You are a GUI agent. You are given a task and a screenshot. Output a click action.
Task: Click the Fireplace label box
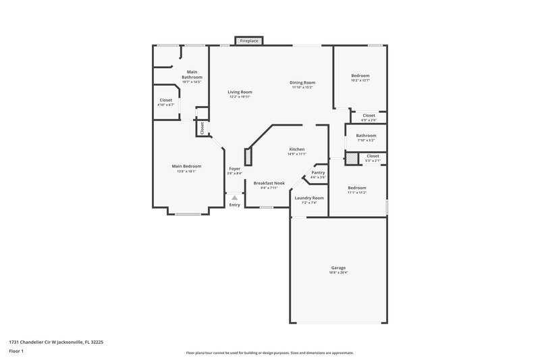tap(249, 41)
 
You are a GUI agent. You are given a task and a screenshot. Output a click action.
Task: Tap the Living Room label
tap(240, 92)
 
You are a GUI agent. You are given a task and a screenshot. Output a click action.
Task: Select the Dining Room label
tap(303, 82)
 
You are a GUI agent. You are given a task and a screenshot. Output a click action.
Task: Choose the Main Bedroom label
tap(186, 166)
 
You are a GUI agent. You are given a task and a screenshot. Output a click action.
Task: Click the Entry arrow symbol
tap(234, 197)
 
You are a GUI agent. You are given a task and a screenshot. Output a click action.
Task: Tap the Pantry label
tap(318, 172)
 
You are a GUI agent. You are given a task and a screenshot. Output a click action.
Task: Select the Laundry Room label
tap(309, 198)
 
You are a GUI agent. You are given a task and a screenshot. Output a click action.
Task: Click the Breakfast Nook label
tap(269, 183)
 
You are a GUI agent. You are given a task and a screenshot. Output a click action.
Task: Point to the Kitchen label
tap(297, 149)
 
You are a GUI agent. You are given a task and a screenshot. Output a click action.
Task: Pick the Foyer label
tap(234, 168)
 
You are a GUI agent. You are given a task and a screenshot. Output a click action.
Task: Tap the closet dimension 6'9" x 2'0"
tap(369, 120)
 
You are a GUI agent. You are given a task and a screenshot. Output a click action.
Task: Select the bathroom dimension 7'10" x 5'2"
tap(366, 140)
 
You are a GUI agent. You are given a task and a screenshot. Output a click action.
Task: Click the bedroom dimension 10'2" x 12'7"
tap(360, 80)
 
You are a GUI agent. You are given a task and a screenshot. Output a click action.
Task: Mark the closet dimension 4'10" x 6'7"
tap(165, 105)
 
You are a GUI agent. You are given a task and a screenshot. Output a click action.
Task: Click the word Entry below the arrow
tap(234, 205)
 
